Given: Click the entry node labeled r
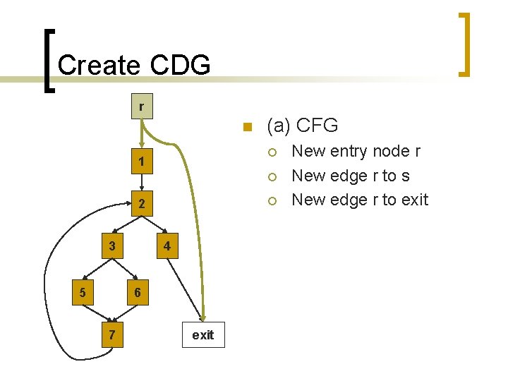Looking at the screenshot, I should click(141, 107).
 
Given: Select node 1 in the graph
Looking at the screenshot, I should click(141, 162).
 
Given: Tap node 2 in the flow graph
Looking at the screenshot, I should click(141, 204).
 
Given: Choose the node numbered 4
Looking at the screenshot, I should click(166, 246).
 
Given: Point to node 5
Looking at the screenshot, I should click(83, 292).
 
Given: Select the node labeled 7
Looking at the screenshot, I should click(111, 334).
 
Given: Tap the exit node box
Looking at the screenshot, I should click(202, 334).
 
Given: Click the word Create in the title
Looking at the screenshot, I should click(99, 65).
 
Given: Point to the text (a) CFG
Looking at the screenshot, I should click(302, 126).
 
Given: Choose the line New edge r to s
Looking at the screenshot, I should click(350, 176).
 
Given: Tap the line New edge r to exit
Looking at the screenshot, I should click(360, 200).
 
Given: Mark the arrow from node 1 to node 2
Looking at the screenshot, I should click(141, 182).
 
